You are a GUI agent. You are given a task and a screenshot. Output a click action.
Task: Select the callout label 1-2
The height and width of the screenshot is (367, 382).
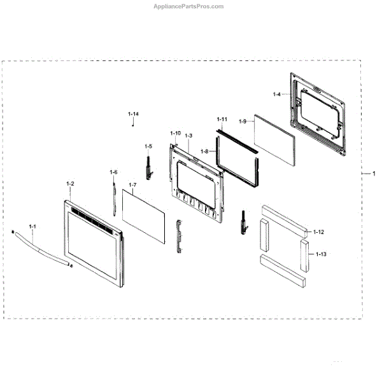point(70,184)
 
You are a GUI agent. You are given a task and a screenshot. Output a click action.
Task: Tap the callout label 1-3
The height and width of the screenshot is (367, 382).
point(188,135)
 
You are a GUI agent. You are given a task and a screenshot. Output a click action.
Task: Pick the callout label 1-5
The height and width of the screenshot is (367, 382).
point(148,146)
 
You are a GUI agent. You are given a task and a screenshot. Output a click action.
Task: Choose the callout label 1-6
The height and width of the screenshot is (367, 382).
point(113,172)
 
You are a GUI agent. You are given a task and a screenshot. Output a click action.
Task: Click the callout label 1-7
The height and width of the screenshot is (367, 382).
point(132,185)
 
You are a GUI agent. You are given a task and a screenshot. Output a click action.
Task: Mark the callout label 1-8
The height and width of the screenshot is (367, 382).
point(204,151)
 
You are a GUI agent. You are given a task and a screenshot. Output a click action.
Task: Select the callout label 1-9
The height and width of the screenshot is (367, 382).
point(243,121)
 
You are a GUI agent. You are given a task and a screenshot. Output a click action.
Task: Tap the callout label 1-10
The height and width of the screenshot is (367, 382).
point(175,133)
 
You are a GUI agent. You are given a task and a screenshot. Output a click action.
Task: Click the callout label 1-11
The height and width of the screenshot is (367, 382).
point(222,119)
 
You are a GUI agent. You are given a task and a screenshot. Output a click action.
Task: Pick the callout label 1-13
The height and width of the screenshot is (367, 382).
point(321,254)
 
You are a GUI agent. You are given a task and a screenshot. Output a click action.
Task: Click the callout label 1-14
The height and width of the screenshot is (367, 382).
point(133,114)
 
